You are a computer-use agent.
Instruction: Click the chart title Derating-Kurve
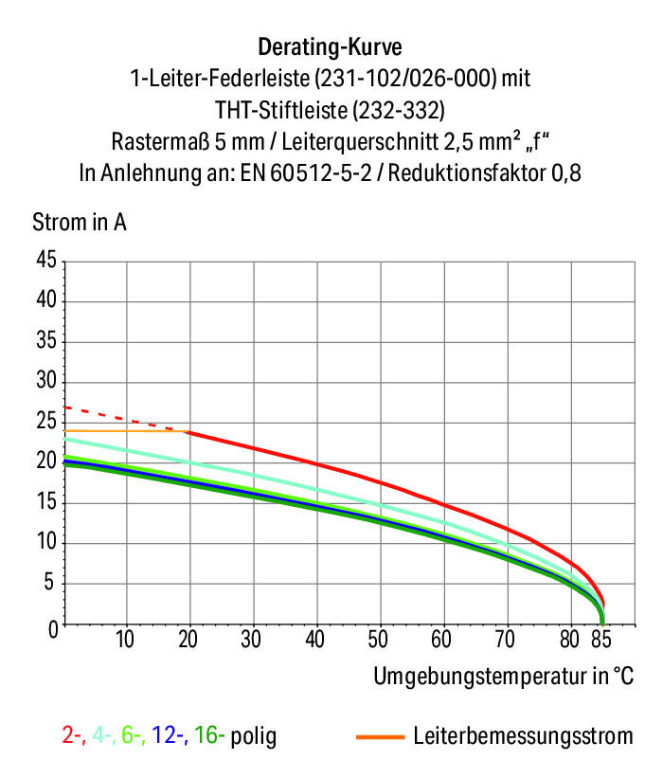[331, 45]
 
